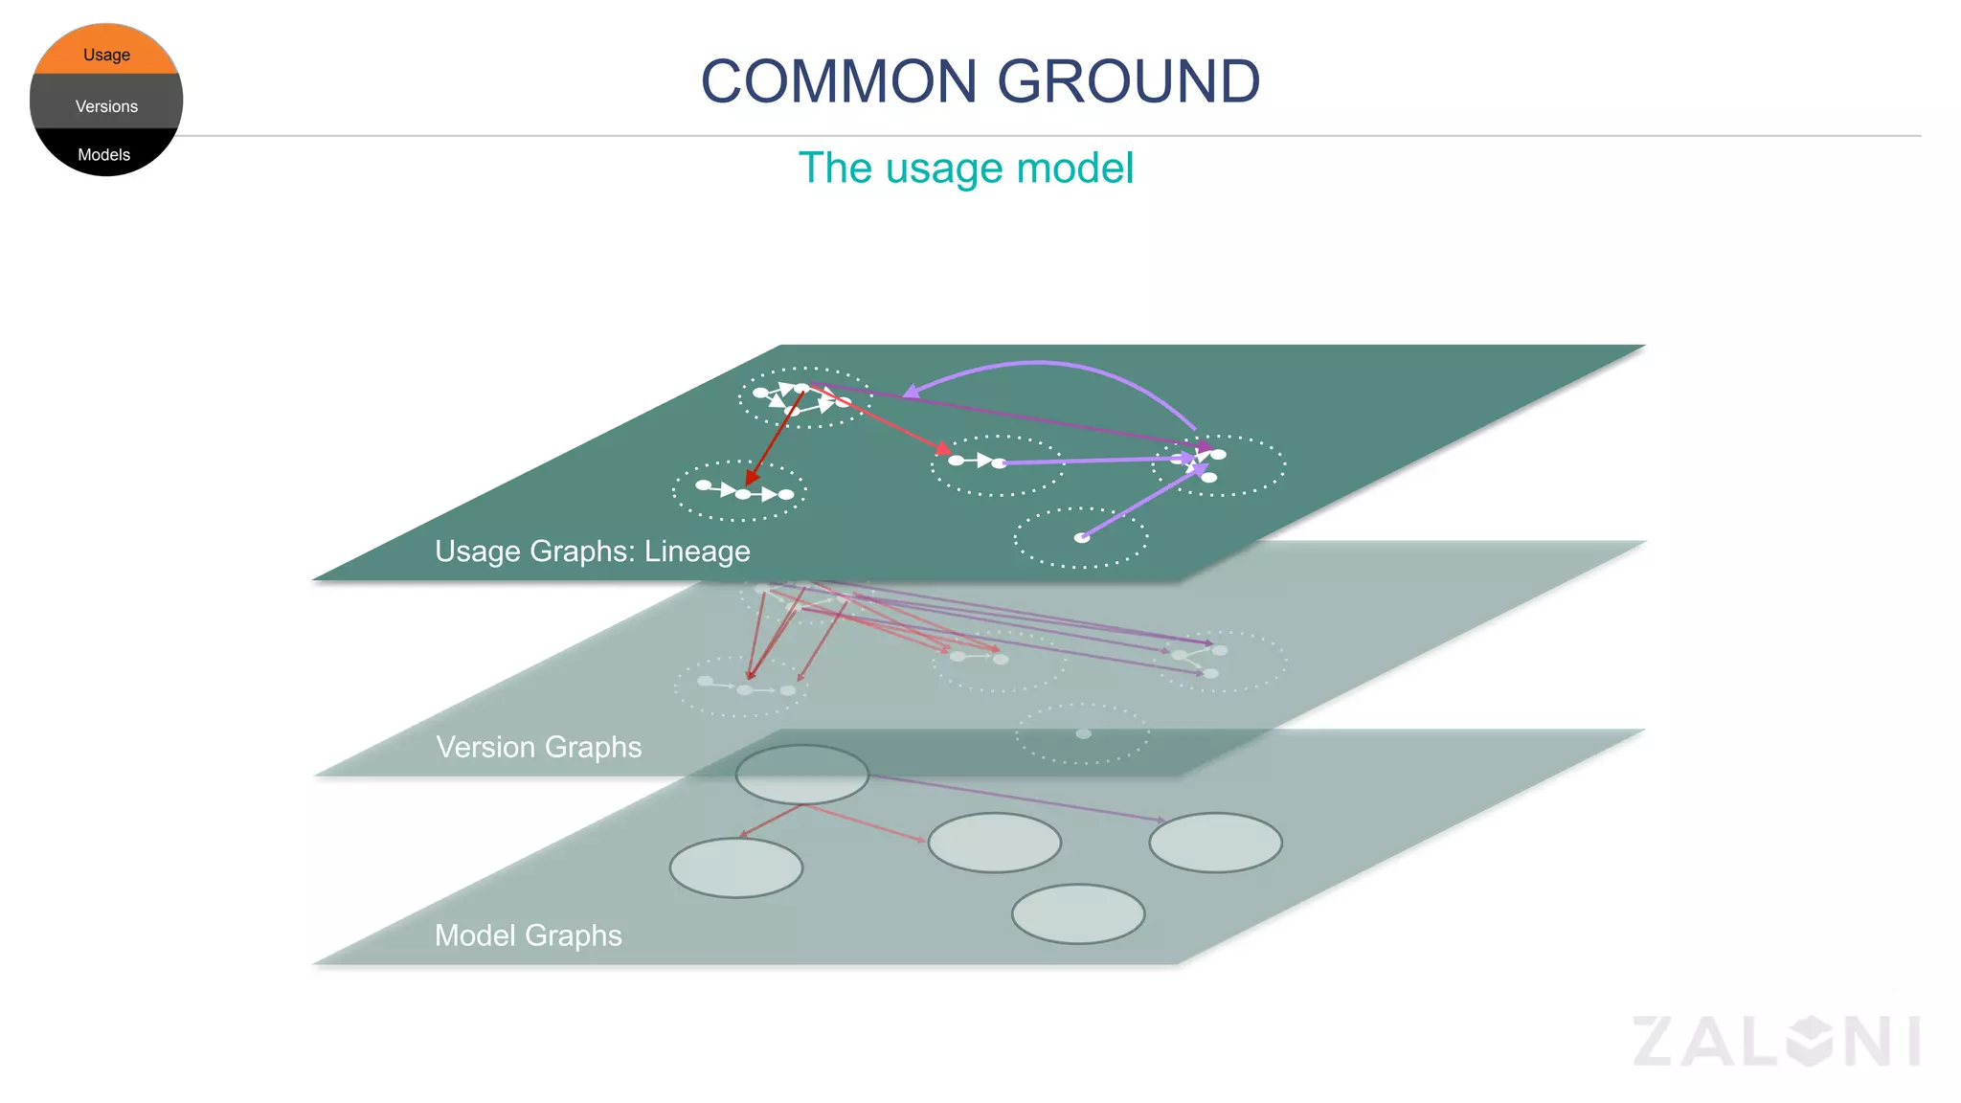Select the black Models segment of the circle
coord(104,154)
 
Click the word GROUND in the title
coord(1129,81)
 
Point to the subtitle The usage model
coord(965,169)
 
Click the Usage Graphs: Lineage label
coord(592,551)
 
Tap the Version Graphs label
coord(538,747)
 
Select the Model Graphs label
coord(528,935)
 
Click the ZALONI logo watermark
coord(1776,1042)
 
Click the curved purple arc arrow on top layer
coord(1044,363)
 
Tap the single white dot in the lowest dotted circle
coord(1082,538)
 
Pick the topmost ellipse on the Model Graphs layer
coord(801,774)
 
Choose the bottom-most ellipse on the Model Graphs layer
coord(1078,913)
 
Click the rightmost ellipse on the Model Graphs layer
coord(1215,842)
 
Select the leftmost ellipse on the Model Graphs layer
coord(735,867)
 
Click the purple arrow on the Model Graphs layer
coord(1015,798)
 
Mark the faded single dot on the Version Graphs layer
coord(1083,733)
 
